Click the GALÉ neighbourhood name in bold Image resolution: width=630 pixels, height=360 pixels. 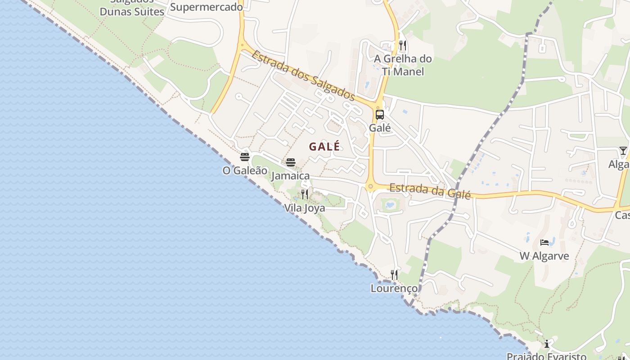pos(324,146)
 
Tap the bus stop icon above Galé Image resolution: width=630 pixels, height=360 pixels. pos(380,114)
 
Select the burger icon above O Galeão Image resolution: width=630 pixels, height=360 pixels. pos(245,157)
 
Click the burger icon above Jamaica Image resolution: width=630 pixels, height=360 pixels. pos(291,162)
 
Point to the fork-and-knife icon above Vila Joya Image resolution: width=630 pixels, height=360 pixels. pos(305,194)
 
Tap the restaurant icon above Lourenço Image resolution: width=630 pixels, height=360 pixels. pos(394,274)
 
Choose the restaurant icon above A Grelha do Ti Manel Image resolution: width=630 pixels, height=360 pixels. pos(403,45)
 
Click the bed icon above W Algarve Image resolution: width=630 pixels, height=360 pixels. pos(544,243)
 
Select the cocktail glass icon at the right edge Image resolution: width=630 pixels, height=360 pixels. pos(623,150)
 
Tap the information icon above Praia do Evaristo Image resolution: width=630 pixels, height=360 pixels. pos(547,344)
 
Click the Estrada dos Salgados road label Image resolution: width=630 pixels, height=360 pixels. pos(303,76)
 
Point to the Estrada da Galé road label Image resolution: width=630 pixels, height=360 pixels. pos(430,191)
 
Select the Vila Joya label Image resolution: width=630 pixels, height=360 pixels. pos(305,208)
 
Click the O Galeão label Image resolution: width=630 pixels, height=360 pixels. pos(245,171)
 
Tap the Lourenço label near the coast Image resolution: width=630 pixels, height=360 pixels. pos(394,288)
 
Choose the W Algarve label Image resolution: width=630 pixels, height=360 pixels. pos(544,256)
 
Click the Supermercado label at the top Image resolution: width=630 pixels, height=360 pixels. pos(207,7)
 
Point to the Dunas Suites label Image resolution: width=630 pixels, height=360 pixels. pos(132,11)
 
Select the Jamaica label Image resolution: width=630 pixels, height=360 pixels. pos(291,175)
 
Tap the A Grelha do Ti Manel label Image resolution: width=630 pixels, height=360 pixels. pos(403,65)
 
